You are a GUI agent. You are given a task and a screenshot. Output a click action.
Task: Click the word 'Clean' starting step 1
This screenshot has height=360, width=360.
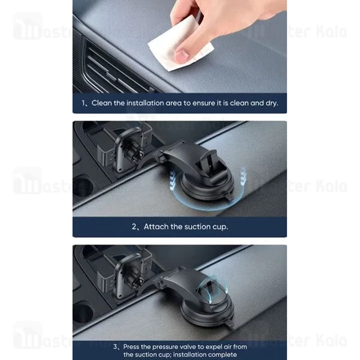click(101, 103)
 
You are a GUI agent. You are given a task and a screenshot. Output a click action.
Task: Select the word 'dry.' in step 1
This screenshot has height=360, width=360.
click(272, 103)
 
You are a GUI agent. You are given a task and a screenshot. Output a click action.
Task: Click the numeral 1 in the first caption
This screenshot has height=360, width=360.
click(83, 103)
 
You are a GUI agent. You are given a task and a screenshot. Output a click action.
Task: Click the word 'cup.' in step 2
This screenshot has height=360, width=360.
click(220, 227)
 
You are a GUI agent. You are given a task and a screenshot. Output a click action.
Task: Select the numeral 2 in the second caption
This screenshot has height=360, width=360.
click(134, 227)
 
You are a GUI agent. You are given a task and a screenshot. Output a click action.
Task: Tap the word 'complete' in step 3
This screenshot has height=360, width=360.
click(223, 355)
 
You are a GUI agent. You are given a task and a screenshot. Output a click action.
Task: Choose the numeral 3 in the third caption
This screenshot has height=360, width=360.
click(115, 347)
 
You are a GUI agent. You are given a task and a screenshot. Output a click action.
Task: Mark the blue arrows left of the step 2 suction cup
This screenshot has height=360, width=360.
click(173, 179)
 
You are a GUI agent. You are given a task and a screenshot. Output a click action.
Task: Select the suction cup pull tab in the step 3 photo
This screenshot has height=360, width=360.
click(230, 324)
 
